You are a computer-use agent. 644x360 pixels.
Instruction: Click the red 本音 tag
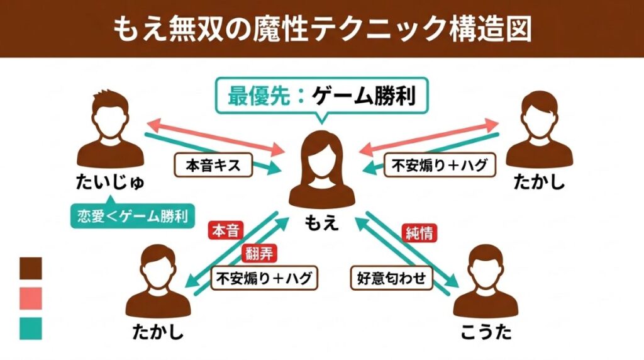click(225, 231)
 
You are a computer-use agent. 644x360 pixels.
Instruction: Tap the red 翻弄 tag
click(259, 254)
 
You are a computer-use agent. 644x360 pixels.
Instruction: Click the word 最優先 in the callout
click(249, 97)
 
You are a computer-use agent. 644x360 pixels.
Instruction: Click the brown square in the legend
click(31, 267)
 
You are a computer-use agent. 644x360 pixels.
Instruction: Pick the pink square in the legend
click(31, 298)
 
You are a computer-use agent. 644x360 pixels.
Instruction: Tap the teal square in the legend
click(31, 328)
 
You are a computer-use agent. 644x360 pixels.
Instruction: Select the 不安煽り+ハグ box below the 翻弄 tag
click(264, 278)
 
